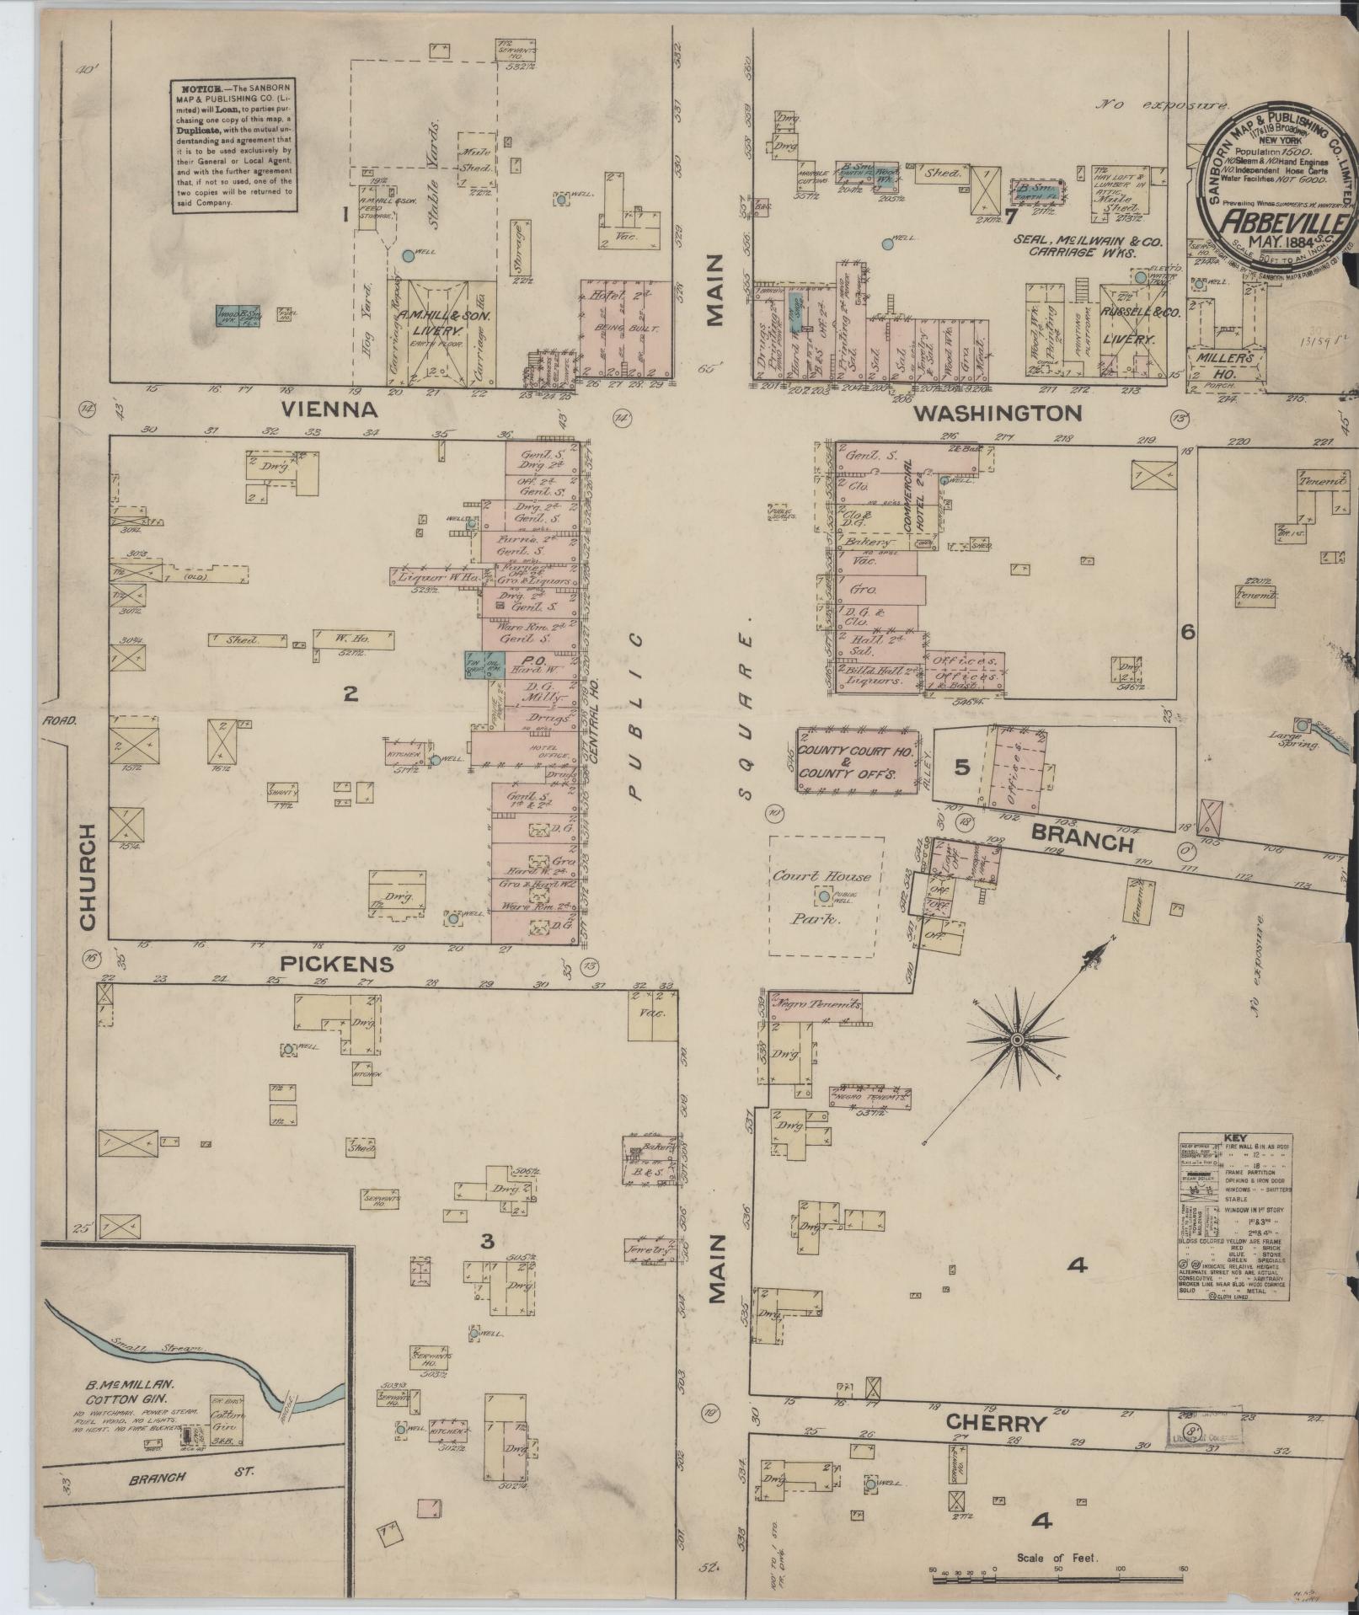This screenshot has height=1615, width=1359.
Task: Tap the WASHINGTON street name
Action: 998,413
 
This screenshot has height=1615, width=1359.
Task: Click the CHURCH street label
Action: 88,877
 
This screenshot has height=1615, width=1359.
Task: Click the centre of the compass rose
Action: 1017,1041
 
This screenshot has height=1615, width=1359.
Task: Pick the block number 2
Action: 350,693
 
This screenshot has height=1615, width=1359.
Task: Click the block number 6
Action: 1188,631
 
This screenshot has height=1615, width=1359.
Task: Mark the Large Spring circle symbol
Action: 1303,725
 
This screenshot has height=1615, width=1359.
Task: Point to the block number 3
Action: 486,1240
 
